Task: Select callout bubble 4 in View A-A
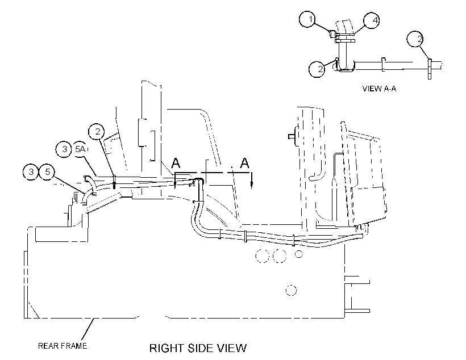(372, 20)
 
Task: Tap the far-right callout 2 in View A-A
(415, 39)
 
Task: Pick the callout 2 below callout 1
(317, 69)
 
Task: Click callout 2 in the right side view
(97, 132)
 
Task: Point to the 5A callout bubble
(80, 149)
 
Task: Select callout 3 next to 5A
(64, 149)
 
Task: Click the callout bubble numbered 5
(48, 171)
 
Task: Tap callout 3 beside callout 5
(31, 171)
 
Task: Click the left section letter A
(176, 163)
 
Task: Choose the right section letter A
(244, 163)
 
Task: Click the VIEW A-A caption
(379, 89)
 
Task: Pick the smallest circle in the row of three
(299, 254)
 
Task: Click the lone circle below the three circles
(291, 290)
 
